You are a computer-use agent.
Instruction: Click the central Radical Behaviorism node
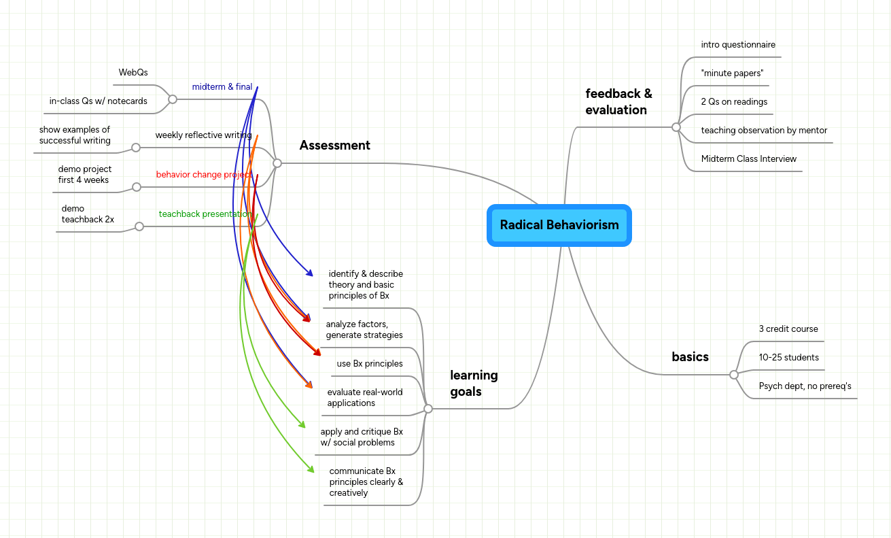point(559,225)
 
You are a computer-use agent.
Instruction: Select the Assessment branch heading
point(334,145)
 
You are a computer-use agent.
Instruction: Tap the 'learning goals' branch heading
point(474,383)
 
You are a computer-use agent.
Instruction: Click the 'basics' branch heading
point(690,356)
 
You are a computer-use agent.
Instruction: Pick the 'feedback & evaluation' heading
point(618,101)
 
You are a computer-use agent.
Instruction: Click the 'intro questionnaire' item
point(738,45)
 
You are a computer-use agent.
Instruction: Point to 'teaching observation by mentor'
point(764,131)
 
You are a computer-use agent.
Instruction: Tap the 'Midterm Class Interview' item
point(748,159)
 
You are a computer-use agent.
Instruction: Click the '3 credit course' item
point(788,329)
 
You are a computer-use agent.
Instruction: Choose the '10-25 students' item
point(788,358)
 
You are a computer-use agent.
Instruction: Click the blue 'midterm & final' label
point(222,87)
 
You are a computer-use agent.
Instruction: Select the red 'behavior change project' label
point(203,175)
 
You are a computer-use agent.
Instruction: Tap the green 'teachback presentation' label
point(205,214)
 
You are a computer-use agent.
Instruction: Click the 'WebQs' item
point(133,73)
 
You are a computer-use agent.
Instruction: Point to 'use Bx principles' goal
point(370,364)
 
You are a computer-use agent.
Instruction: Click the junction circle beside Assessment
point(277,163)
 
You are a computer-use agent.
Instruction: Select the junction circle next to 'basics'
point(733,375)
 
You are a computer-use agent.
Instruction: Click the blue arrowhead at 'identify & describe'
point(310,273)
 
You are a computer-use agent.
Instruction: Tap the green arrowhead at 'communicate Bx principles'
point(311,469)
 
